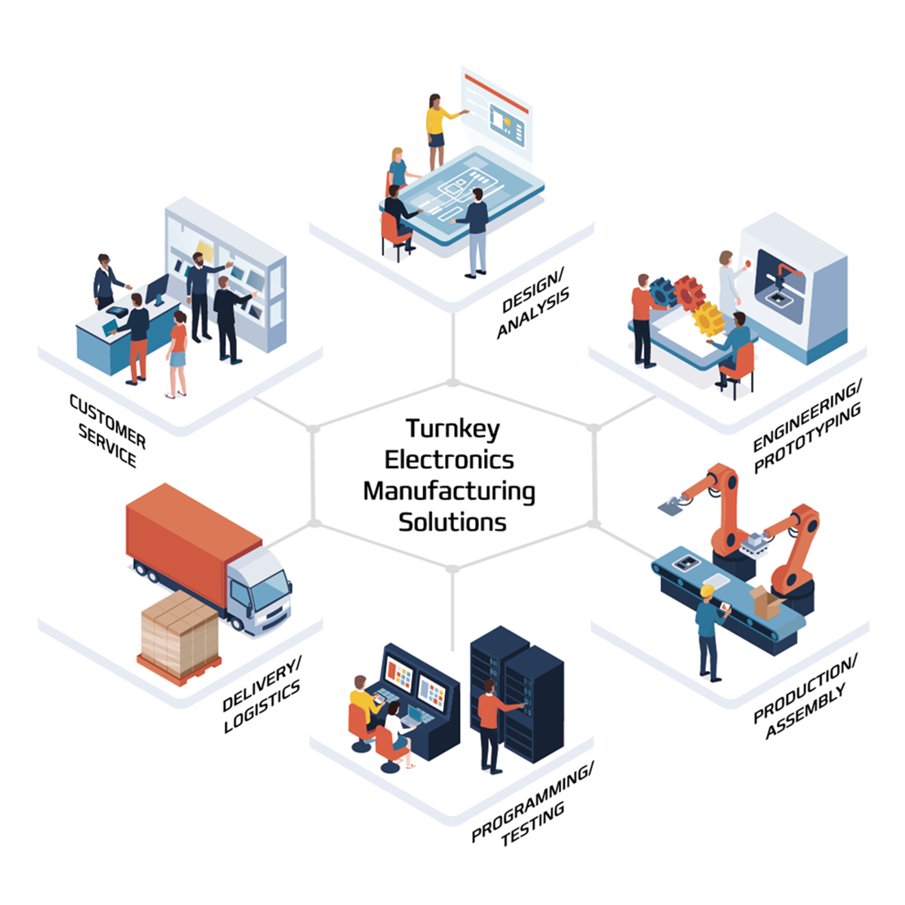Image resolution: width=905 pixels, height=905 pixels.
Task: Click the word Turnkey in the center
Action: tap(452, 429)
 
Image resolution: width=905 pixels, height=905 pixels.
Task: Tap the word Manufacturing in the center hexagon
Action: tap(449, 491)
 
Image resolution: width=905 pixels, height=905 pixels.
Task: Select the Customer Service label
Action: tap(108, 431)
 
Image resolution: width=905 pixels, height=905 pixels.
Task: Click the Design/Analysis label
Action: tap(533, 305)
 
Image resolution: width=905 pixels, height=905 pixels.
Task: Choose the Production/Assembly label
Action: tap(806, 698)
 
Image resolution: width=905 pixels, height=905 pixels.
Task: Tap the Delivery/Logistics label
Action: tap(262, 695)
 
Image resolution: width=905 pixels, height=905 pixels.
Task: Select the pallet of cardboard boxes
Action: tap(179, 633)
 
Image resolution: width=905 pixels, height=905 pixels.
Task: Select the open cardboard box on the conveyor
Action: tap(765, 603)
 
